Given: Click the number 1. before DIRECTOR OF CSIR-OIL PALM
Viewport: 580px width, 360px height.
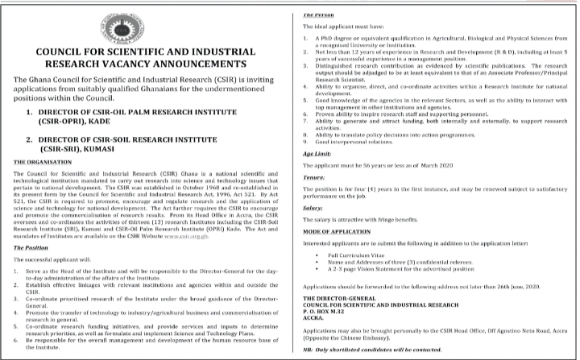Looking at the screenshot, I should tap(30, 109).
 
